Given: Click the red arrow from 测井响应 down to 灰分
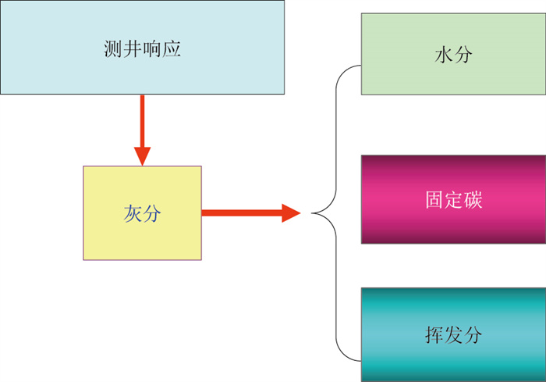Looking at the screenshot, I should coord(142,125).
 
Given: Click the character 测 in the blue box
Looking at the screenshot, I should coord(113,49).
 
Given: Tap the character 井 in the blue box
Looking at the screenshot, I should coord(133,49).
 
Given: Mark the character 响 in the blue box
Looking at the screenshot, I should coord(152,49).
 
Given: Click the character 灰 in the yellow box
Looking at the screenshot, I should coord(132,212).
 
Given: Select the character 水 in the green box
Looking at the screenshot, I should coord(444,56).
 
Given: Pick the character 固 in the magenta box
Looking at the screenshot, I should coord(434,199).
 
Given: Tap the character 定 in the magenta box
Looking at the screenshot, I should coord(453,199).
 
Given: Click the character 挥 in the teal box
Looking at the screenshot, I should coord(434,335).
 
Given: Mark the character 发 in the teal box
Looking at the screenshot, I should coord(453,335).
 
